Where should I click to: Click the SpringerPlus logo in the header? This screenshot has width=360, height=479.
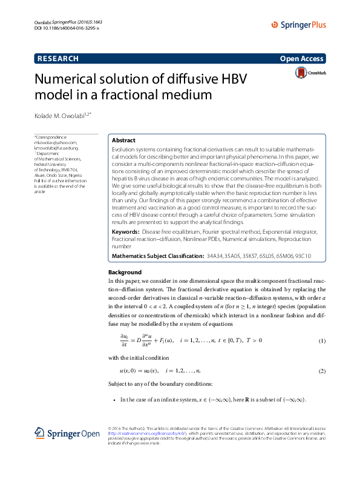pyautogui.click(x=299, y=25)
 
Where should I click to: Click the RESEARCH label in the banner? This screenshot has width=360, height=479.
pyautogui.click(x=58, y=59)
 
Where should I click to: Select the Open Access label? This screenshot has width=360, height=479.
pyautogui.click(x=303, y=59)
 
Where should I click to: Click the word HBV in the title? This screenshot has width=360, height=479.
pyautogui.click(x=232, y=80)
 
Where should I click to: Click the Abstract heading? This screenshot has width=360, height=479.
pyautogui.click(x=124, y=140)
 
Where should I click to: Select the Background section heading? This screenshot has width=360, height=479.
pyautogui.click(x=125, y=273)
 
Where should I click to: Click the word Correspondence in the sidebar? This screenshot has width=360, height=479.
pyautogui.click(x=53, y=137)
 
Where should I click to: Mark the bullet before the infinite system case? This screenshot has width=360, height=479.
pyautogui.click(x=114, y=400)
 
